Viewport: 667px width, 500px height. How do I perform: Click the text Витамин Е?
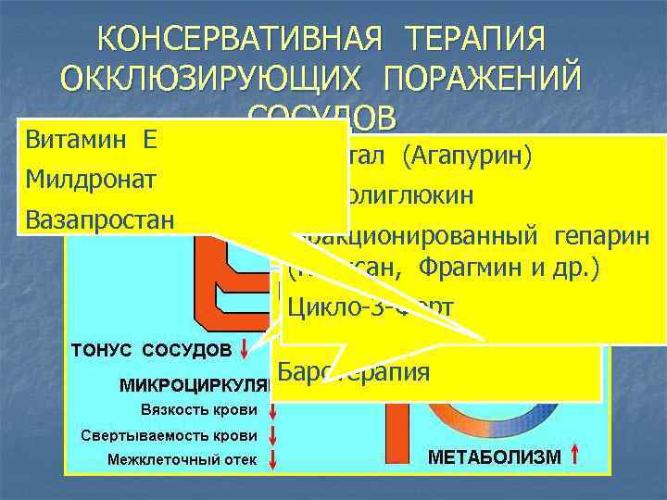point(90,140)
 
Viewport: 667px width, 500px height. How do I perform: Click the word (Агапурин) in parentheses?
point(467,158)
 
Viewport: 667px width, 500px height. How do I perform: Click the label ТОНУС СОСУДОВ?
point(152,351)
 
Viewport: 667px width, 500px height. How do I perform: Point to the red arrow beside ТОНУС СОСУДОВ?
point(245,350)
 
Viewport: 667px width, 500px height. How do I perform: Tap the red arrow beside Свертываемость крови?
point(274,434)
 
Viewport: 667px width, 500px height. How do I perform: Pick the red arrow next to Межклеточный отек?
point(274,459)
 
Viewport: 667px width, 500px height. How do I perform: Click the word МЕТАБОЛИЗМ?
point(494,456)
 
